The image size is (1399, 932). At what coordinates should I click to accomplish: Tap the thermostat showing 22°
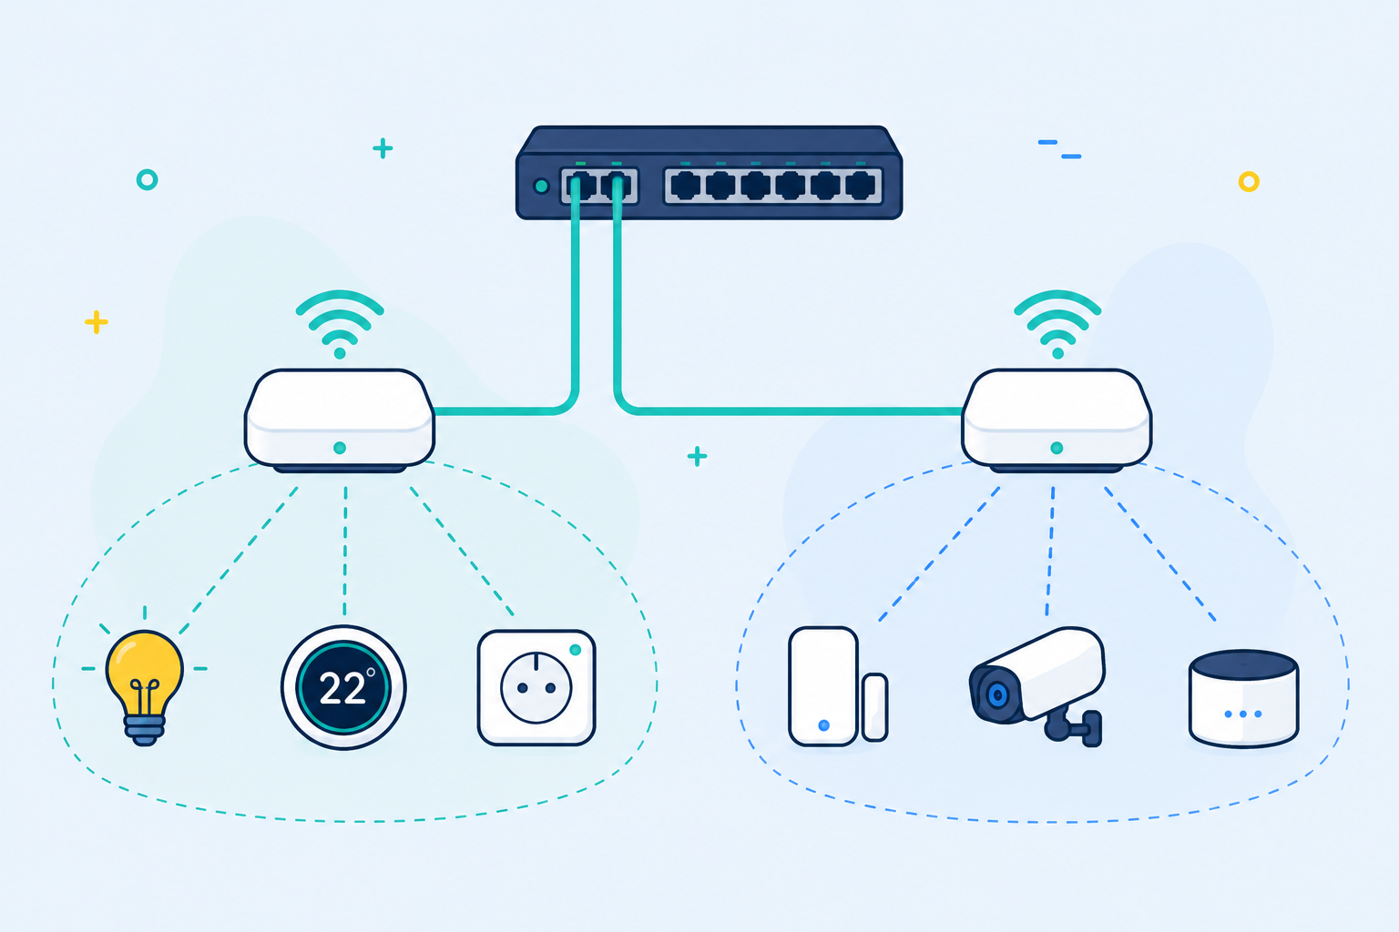coord(343,687)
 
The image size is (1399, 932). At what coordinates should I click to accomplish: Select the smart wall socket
coord(536,687)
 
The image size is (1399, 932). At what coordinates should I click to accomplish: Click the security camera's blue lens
coord(997,694)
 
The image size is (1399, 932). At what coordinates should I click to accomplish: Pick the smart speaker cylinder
coord(1243,698)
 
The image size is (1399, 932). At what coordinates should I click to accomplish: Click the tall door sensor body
coord(823,686)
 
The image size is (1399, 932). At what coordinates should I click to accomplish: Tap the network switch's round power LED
coord(542,186)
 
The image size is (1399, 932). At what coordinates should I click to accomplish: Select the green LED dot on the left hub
coord(340,448)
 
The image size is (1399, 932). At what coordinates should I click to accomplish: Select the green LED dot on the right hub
coord(1057,448)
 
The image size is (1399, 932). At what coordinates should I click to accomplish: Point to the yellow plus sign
coord(97,322)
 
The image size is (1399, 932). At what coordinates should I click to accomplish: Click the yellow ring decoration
coord(1249,182)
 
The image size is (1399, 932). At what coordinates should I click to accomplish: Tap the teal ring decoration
coord(148,180)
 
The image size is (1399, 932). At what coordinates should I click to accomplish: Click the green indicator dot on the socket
coord(576,650)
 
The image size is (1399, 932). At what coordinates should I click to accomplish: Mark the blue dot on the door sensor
coord(823,725)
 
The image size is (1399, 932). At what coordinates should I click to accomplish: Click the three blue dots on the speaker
coord(1243,714)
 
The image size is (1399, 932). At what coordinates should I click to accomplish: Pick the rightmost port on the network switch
coord(860,186)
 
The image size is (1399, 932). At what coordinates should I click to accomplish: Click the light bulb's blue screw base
coord(144,729)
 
